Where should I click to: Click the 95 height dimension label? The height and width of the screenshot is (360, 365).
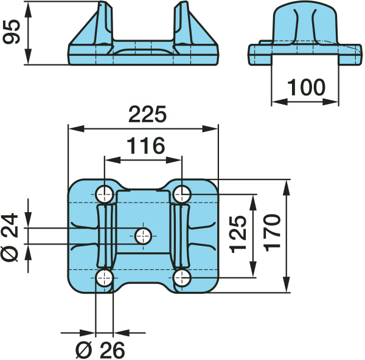coord(12,32)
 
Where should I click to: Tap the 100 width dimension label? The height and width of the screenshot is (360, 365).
coord(306,88)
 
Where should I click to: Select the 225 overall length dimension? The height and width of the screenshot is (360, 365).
coord(147,114)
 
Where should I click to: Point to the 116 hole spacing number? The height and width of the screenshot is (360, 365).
coord(146,146)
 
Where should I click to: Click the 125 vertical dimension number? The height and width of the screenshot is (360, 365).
coord(238,234)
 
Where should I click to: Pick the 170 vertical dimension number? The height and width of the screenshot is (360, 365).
coord(273,233)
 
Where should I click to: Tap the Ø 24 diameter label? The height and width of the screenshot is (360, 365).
coord(10,237)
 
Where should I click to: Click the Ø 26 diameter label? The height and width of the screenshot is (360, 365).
coord(100,350)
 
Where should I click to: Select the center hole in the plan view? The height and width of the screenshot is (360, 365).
coord(144,236)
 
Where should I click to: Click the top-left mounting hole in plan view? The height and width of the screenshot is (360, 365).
coord(105,194)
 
